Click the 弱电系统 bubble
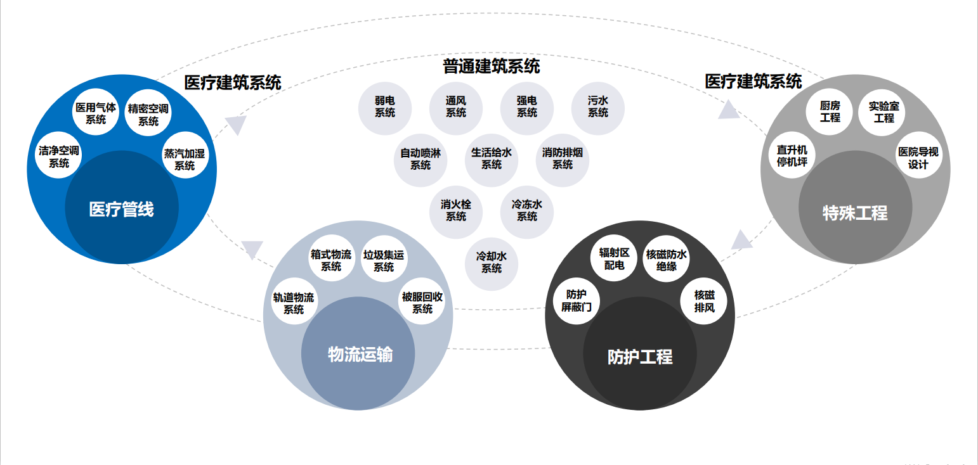click(385, 107)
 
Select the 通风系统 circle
click(456, 107)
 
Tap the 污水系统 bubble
click(597, 107)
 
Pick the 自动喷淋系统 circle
click(421, 159)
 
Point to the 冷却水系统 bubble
click(492, 263)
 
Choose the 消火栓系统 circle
click(456, 211)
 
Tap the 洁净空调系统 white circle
click(59, 157)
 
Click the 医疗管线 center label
click(122, 210)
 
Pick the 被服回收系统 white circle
click(422, 303)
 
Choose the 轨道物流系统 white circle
click(294, 303)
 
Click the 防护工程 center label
click(640, 357)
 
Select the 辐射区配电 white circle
click(615, 259)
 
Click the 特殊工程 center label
click(855, 213)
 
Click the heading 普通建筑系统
click(491, 66)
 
